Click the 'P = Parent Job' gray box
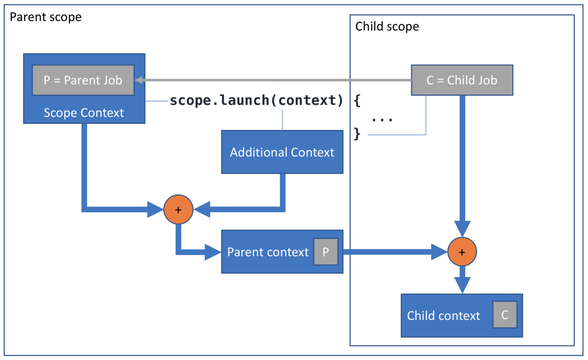[x=83, y=80]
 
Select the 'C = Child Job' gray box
[x=462, y=80]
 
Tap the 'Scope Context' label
[x=84, y=113]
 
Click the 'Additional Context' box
[x=282, y=152]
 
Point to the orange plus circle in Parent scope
[x=178, y=210]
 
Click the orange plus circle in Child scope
[x=462, y=252]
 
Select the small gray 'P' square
[x=326, y=252]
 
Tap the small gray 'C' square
[x=505, y=315]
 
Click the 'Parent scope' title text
[x=46, y=17]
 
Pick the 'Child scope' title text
[x=387, y=26]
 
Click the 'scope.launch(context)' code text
[x=257, y=100]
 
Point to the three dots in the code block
[x=382, y=120]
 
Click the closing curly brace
[x=357, y=134]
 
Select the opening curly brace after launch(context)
[x=357, y=100]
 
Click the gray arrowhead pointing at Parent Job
[x=139, y=80]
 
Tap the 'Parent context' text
[x=268, y=252]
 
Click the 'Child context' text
[x=444, y=315]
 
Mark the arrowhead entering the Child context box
[x=462, y=285]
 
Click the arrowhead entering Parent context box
[x=213, y=252]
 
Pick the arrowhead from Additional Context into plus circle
[x=202, y=209]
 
